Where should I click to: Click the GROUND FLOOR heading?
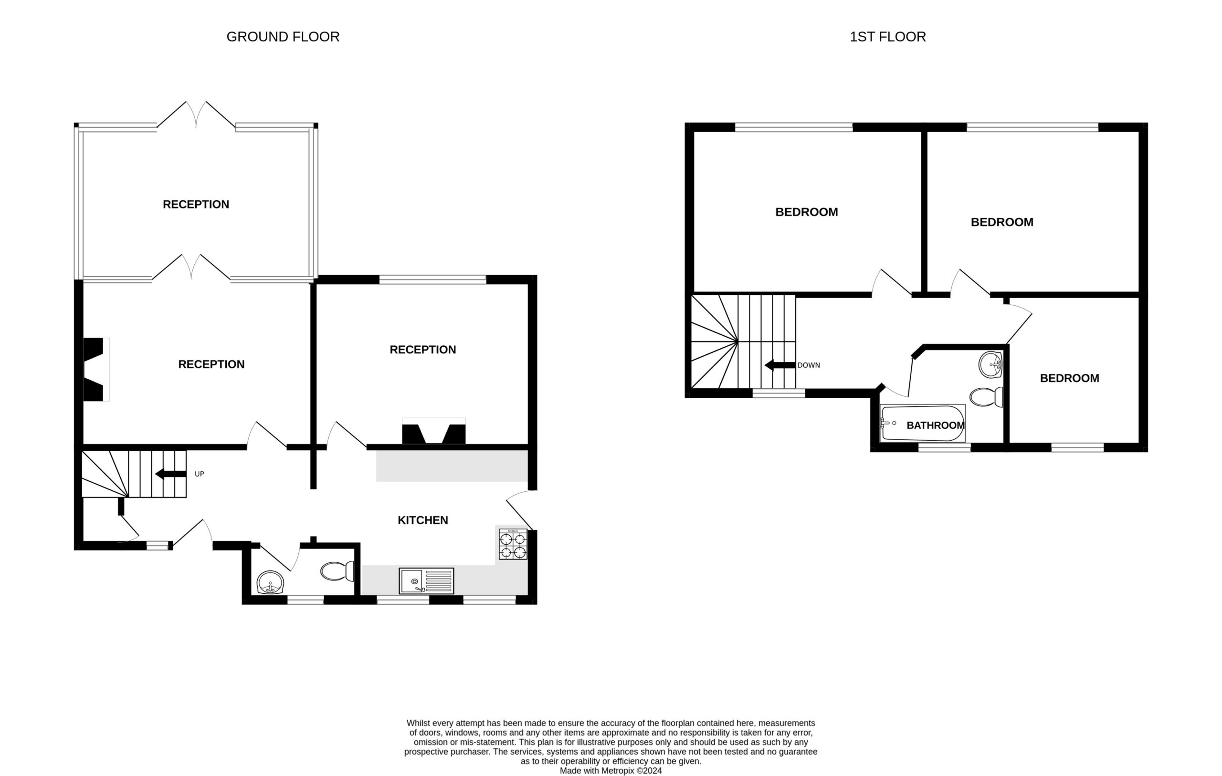(283, 37)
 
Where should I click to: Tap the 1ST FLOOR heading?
(887, 37)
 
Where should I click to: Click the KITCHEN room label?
(423, 520)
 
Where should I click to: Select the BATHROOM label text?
(935, 425)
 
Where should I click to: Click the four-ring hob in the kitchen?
(513, 545)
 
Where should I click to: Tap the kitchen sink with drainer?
(426, 581)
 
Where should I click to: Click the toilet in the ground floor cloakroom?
(337, 571)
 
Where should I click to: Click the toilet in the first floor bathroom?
(987, 397)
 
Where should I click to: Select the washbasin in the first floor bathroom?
(990, 365)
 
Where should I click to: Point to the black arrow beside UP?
(170, 474)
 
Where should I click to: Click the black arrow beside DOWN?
(780, 365)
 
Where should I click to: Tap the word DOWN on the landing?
(809, 365)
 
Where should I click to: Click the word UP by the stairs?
(200, 474)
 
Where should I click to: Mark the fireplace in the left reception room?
(96, 370)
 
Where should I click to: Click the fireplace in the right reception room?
(433, 431)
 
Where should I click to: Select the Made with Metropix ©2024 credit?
(611, 770)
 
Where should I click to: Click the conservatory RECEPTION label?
(196, 205)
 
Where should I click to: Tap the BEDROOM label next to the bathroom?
(1069, 378)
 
